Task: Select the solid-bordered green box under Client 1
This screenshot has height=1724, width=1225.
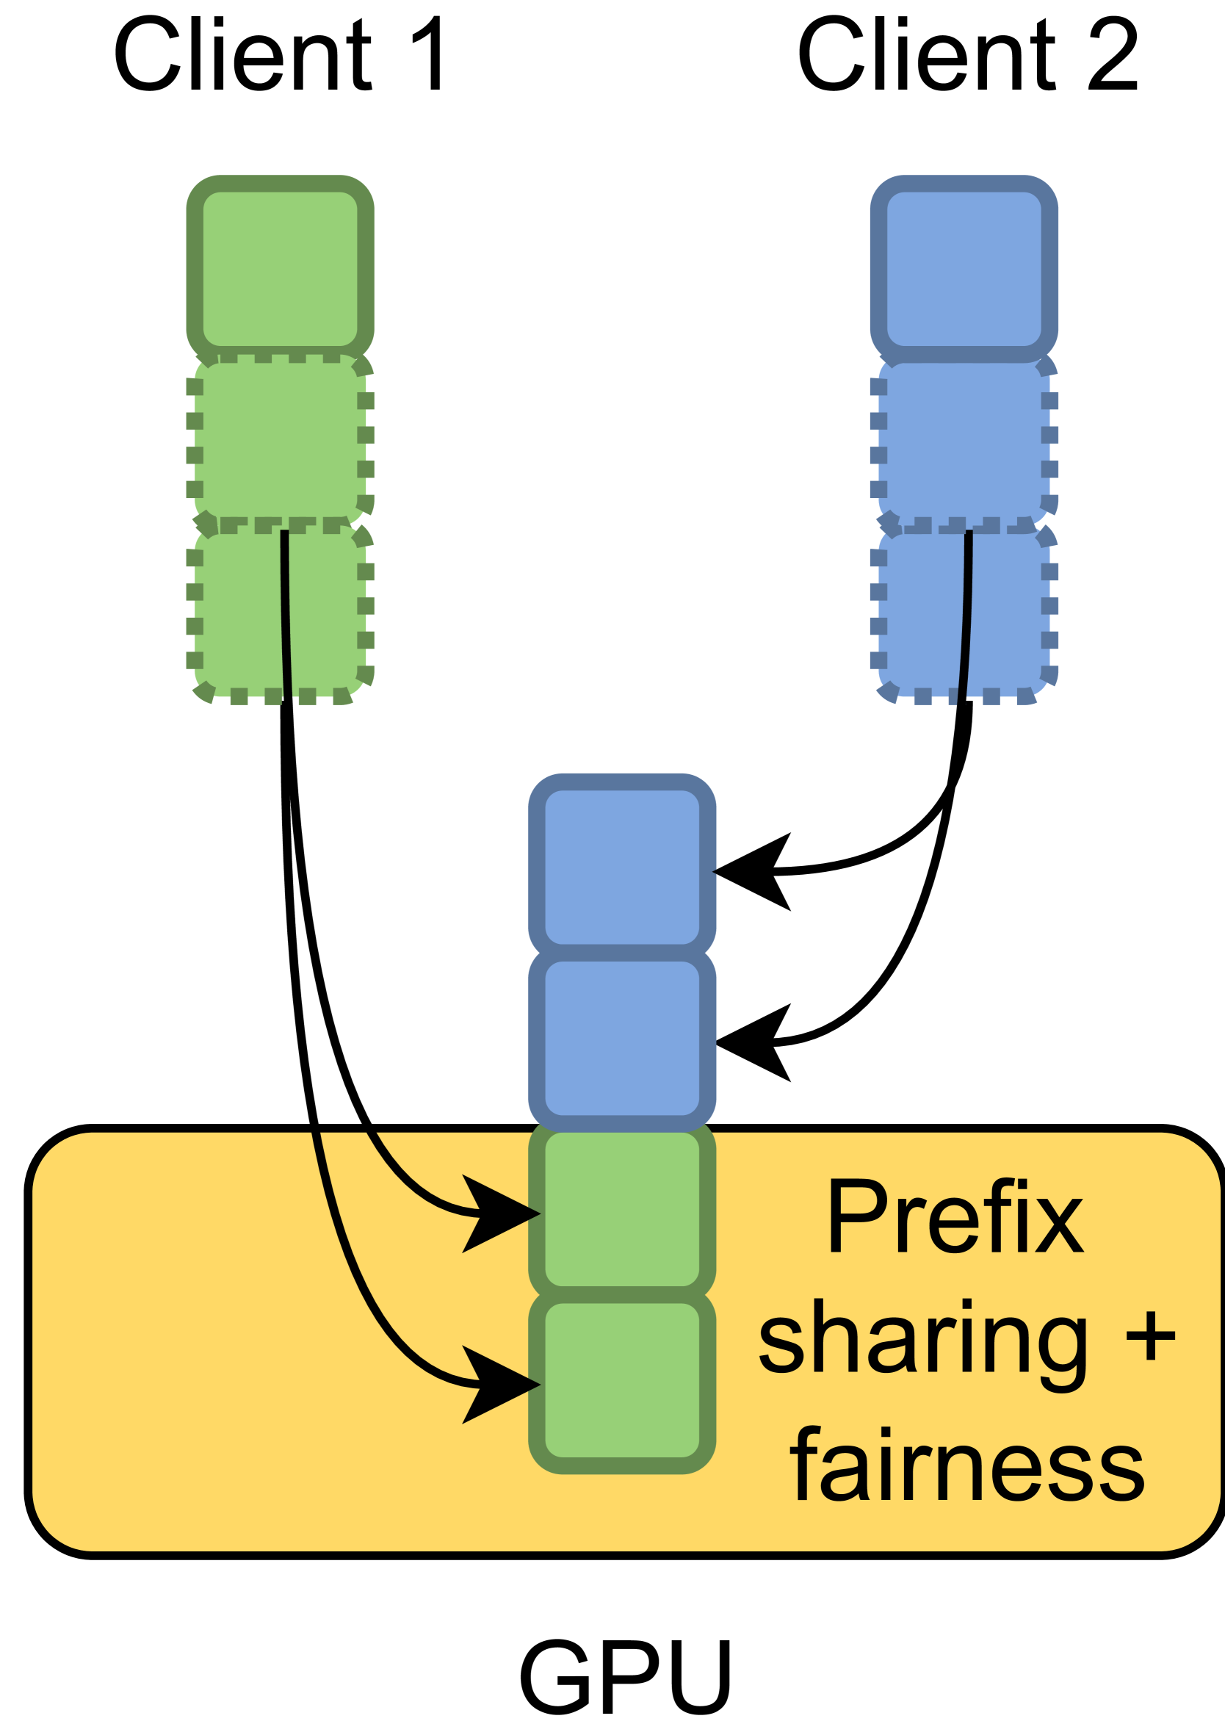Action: point(280,269)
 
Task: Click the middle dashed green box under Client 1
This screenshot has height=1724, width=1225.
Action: point(280,439)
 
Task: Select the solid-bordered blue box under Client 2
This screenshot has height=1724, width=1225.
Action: point(964,269)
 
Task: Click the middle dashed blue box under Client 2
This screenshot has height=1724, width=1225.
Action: point(964,439)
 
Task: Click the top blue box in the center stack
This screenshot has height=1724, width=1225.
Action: point(621,867)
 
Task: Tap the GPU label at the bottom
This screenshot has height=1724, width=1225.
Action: point(624,1676)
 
